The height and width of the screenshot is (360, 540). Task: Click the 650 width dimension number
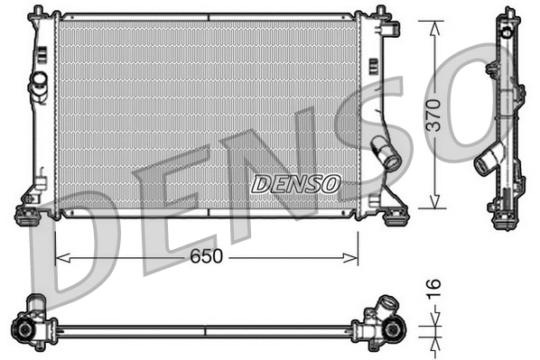click(x=207, y=257)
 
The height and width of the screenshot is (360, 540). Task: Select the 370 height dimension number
click(x=434, y=116)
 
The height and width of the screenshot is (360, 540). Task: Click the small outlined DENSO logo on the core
click(x=295, y=184)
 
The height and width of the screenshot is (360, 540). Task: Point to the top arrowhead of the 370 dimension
click(x=435, y=23)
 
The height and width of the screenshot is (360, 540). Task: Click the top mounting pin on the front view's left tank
click(x=38, y=13)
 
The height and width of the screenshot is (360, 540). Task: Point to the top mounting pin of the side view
click(x=504, y=13)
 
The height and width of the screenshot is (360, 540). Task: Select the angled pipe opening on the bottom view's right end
click(x=386, y=304)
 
